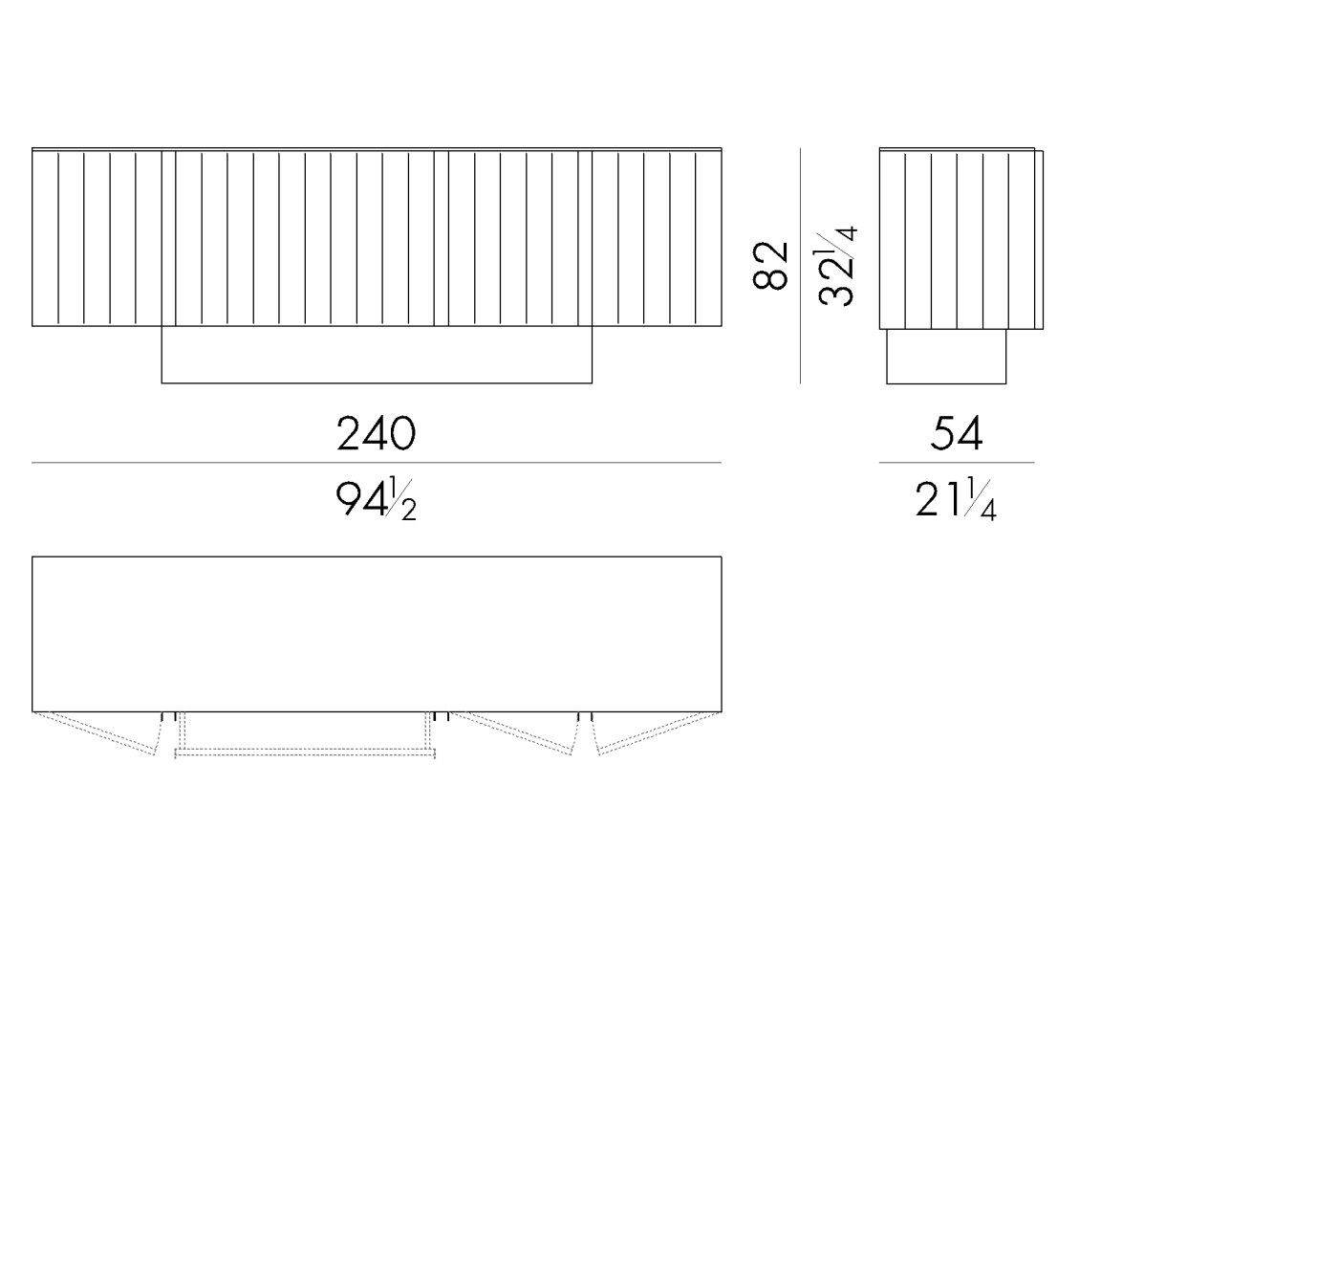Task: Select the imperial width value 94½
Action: tap(376, 499)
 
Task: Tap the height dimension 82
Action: tap(771, 265)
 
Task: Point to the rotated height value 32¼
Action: tap(837, 265)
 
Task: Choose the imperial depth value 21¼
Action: tap(956, 499)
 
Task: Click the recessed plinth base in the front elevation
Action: tap(376, 355)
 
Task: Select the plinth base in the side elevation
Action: tap(945, 357)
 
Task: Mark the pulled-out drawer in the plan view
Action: tap(305, 735)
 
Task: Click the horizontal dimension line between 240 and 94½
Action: tap(376, 463)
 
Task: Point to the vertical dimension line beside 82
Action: tap(800, 265)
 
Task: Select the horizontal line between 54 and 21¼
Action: tap(956, 463)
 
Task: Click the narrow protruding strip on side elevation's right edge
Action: tap(1039, 239)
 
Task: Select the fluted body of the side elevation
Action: tap(956, 239)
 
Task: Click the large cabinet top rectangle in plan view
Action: tap(376, 633)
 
